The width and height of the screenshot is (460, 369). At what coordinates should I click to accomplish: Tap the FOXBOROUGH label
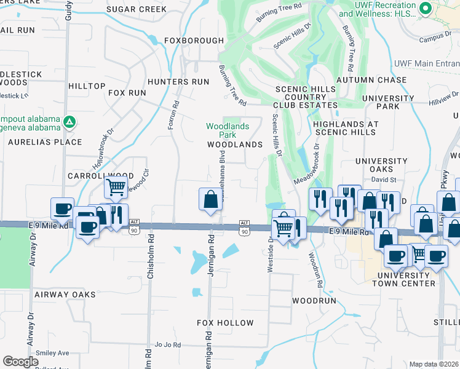[194, 41]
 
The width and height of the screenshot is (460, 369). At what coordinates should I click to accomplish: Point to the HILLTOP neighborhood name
[87, 86]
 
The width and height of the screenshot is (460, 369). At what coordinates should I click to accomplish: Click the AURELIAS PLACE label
[45, 142]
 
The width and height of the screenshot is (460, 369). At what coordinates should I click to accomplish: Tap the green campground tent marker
[69, 122]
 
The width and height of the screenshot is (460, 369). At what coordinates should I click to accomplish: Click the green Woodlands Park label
[228, 130]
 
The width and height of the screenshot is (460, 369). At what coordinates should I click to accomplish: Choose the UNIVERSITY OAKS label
[382, 165]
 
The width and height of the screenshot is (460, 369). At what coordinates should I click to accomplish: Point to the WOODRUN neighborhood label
[314, 301]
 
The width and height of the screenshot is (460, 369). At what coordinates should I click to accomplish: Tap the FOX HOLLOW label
[225, 323]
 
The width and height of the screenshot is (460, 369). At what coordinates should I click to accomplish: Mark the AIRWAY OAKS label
[65, 295]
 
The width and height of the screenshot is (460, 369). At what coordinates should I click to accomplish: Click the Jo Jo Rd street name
[167, 344]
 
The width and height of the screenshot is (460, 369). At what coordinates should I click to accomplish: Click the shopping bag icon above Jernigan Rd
[210, 199]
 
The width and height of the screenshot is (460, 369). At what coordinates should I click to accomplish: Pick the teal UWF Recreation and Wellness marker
[425, 8]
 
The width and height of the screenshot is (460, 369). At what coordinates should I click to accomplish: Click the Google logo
[21, 362]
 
